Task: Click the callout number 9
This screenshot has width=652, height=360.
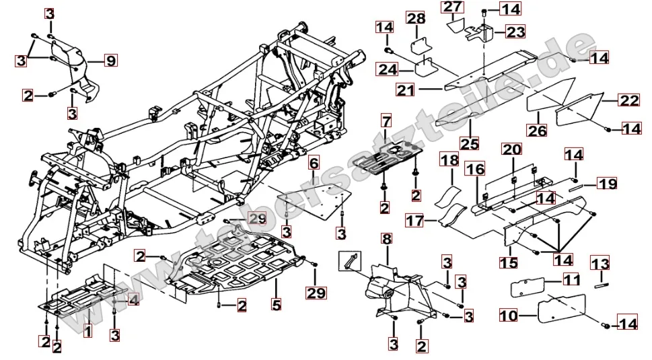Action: coord(110,61)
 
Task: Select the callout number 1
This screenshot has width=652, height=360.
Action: coord(87,330)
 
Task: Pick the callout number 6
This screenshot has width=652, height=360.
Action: coord(314,164)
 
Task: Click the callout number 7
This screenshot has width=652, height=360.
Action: coord(385,122)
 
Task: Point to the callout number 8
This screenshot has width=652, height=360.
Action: coord(386,239)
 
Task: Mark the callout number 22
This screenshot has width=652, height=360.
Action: coord(628,101)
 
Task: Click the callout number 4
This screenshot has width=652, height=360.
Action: coord(133,300)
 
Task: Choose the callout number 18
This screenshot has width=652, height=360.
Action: coord(449,159)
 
